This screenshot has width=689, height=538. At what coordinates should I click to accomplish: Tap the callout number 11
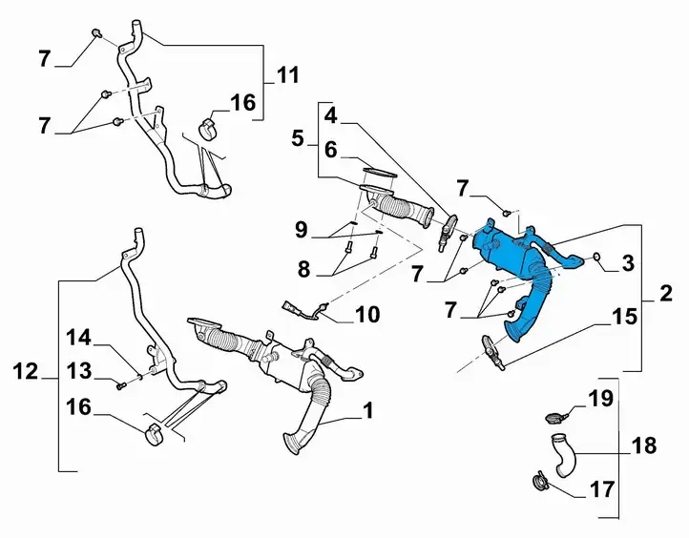tap(288, 75)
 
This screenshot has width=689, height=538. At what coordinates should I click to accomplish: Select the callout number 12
tap(26, 372)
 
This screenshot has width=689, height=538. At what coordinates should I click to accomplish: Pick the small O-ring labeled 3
tap(596, 256)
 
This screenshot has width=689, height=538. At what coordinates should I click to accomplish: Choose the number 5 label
tap(298, 138)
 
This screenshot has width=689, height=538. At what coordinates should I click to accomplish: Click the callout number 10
tap(367, 315)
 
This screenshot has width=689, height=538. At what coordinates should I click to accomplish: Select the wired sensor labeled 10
tap(305, 309)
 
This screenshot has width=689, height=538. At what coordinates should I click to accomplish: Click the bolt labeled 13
tap(121, 386)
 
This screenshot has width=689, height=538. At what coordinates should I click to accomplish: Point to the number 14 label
tap(78, 339)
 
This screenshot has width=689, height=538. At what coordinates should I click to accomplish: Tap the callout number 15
tap(624, 316)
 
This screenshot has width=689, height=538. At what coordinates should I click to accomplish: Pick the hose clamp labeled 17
tap(538, 482)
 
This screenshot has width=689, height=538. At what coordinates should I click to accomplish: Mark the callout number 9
tap(301, 230)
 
